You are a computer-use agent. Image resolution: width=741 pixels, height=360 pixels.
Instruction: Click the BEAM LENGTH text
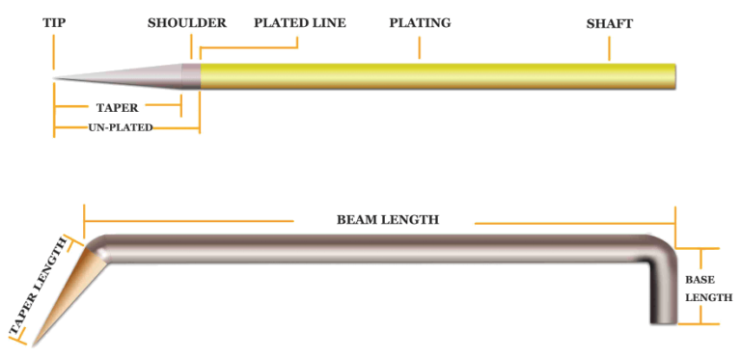tap(387, 220)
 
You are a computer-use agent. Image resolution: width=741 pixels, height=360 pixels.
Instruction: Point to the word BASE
tap(700, 278)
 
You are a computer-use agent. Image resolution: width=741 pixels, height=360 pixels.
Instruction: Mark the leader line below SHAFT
tap(610, 46)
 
